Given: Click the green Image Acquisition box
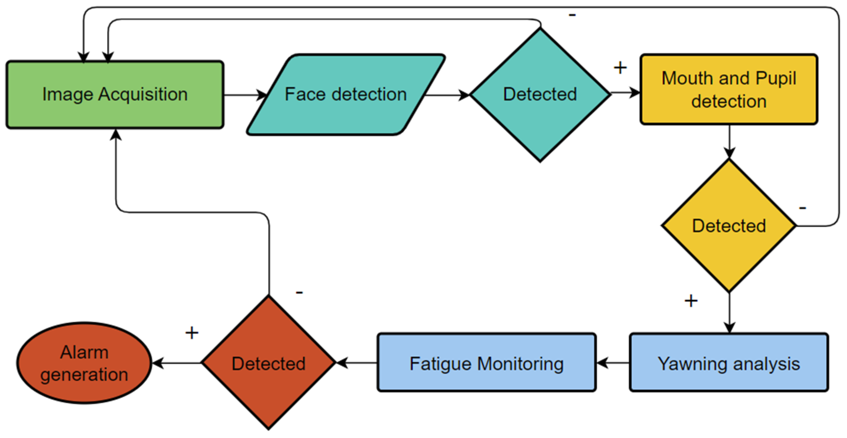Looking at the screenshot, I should [115, 94].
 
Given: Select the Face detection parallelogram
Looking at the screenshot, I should [346, 94].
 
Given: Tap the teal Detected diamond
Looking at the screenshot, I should [540, 94].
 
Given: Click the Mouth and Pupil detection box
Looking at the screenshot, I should [729, 89].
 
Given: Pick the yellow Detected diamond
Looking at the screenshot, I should [729, 226].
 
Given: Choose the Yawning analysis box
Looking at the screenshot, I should [729, 363].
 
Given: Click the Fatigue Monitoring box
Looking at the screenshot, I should [486, 363].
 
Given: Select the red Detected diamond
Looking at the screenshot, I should [268, 363].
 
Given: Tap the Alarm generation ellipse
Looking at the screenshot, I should [84, 363].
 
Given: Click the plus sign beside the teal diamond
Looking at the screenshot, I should [620, 68].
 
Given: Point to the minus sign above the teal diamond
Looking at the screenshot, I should [572, 15].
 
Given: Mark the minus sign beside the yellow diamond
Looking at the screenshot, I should [802, 208].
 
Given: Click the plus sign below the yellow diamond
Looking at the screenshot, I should [691, 301].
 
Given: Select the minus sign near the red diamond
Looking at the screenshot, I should [299, 292].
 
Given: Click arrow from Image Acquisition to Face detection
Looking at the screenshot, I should [245, 95].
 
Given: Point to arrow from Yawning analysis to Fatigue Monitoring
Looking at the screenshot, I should [613, 363].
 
